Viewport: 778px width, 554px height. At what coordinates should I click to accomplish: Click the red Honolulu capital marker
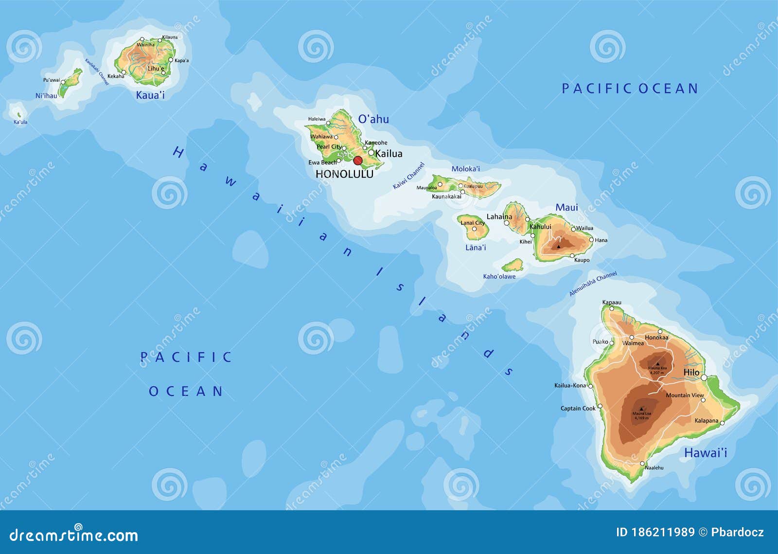(x=358, y=161)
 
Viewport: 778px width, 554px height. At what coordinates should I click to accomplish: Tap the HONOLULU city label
(x=344, y=174)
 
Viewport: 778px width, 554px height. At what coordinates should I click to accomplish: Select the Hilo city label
(x=691, y=373)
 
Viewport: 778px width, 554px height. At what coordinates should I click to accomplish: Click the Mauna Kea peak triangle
(x=657, y=363)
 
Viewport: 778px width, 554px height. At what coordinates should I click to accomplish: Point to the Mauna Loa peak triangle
(x=641, y=409)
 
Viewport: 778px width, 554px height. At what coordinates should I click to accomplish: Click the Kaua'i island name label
(x=150, y=95)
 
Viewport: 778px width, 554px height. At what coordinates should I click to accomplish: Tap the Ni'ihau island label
(x=46, y=96)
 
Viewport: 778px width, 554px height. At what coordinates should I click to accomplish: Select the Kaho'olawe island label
(x=499, y=276)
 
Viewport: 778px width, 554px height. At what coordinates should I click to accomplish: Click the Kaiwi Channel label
(x=408, y=176)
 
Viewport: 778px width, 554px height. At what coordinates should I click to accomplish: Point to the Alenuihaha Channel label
(x=593, y=284)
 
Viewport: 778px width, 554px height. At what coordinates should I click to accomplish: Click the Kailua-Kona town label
(x=570, y=385)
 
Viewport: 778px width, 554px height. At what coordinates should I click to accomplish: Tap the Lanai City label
(x=473, y=223)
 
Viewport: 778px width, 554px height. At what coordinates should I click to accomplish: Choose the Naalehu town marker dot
(x=642, y=464)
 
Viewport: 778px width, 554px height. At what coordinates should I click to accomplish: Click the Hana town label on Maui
(x=601, y=240)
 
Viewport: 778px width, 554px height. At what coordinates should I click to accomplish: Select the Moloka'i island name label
(x=465, y=169)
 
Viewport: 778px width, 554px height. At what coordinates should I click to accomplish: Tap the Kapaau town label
(x=611, y=303)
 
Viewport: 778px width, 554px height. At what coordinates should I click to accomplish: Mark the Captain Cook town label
(x=578, y=408)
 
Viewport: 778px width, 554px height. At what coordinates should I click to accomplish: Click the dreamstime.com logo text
(x=74, y=535)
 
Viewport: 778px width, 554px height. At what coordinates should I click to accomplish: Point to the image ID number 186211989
(x=662, y=532)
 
